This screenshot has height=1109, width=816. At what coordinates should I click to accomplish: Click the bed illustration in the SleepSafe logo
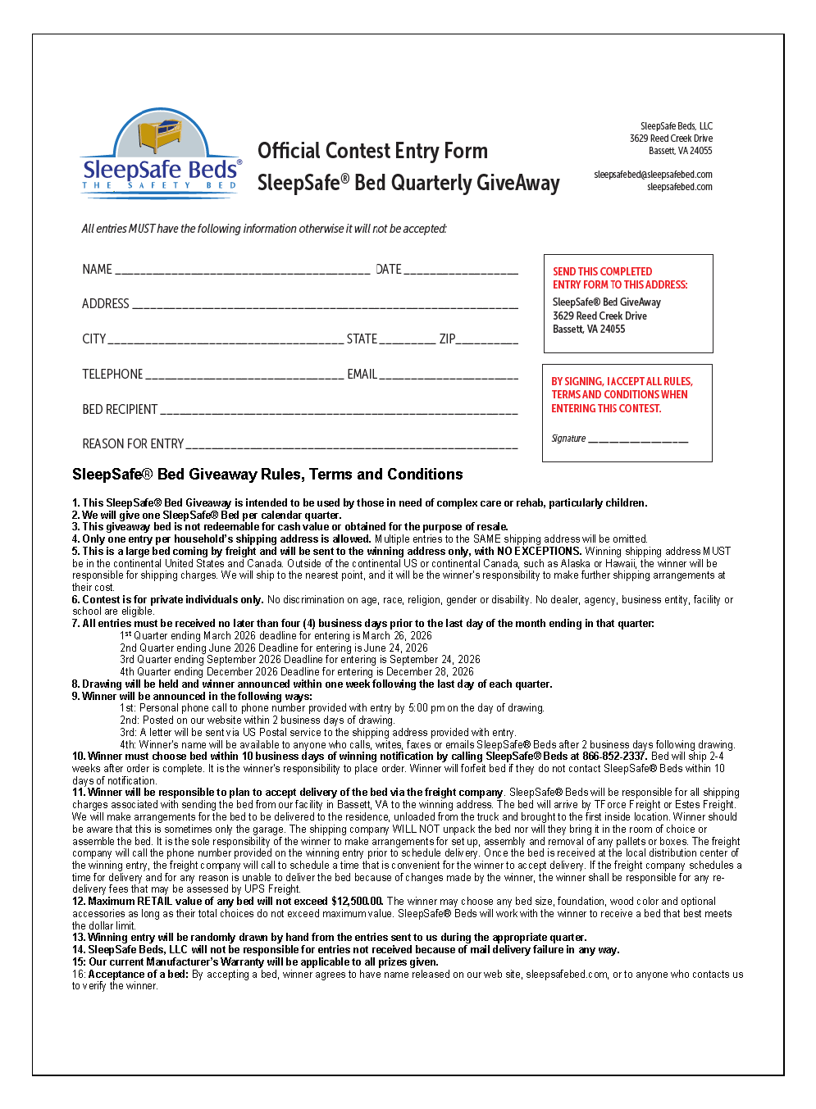(x=160, y=135)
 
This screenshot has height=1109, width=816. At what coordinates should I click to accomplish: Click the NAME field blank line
(x=243, y=271)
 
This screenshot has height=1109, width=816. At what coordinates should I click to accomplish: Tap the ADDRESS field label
(x=106, y=304)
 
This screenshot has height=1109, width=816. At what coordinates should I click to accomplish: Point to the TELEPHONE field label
(x=112, y=375)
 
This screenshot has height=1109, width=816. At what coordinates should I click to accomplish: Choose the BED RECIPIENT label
(x=120, y=410)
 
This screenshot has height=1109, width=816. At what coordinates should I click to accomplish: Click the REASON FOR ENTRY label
(x=133, y=444)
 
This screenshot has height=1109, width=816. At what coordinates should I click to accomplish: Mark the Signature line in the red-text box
(x=638, y=441)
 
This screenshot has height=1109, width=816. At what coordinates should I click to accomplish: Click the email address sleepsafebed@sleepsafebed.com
(x=653, y=175)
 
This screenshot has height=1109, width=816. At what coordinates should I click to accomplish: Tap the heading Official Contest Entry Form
(x=372, y=152)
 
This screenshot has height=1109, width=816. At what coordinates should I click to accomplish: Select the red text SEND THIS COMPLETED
(x=602, y=272)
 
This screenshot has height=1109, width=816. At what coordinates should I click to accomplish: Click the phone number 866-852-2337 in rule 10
(x=614, y=757)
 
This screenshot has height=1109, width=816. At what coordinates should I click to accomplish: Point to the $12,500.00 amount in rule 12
(x=358, y=902)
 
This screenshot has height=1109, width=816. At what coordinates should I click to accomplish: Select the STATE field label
(x=362, y=339)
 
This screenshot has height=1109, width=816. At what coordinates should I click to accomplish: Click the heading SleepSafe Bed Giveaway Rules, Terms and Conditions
(x=267, y=475)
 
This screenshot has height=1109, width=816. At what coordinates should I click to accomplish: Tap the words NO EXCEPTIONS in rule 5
(x=539, y=552)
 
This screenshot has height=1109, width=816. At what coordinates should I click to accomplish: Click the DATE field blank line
(x=461, y=271)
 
